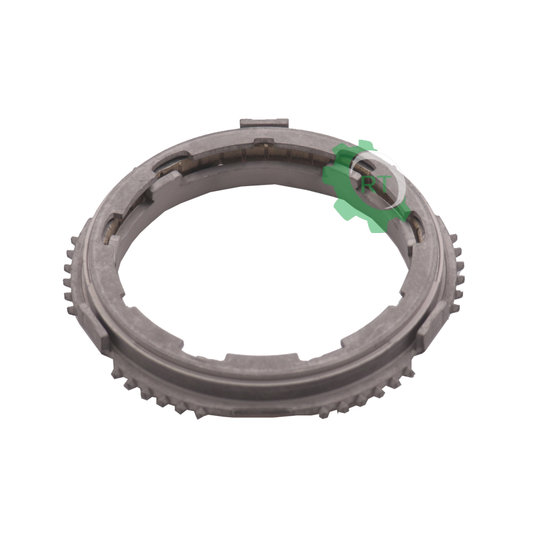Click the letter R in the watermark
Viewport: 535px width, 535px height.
coord(368,185)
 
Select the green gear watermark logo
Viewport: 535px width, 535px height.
coord(366,186)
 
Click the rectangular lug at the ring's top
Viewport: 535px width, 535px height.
coord(264,123)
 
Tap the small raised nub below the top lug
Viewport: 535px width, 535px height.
coord(264,141)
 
